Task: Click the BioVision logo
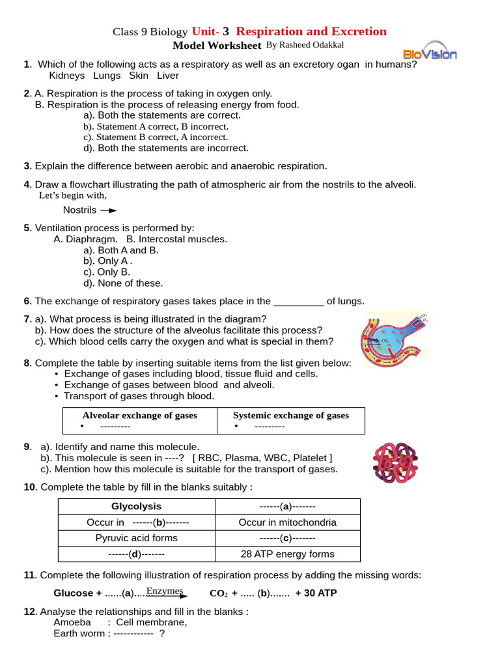click(430, 54)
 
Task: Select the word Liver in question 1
click(167, 76)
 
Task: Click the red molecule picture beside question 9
click(396, 464)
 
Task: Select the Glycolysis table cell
click(136, 506)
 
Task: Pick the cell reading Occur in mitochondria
click(287, 522)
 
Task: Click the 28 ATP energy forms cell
click(287, 554)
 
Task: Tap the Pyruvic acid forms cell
click(136, 538)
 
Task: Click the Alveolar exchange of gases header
click(139, 416)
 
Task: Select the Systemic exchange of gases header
click(291, 416)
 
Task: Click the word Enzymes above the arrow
click(165, 591)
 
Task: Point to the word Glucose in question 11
click(74, 593)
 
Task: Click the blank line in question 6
click(299, 302)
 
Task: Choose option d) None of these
click(123, 283)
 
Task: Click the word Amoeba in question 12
click(72, 622)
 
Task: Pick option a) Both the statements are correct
click(162, 115)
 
